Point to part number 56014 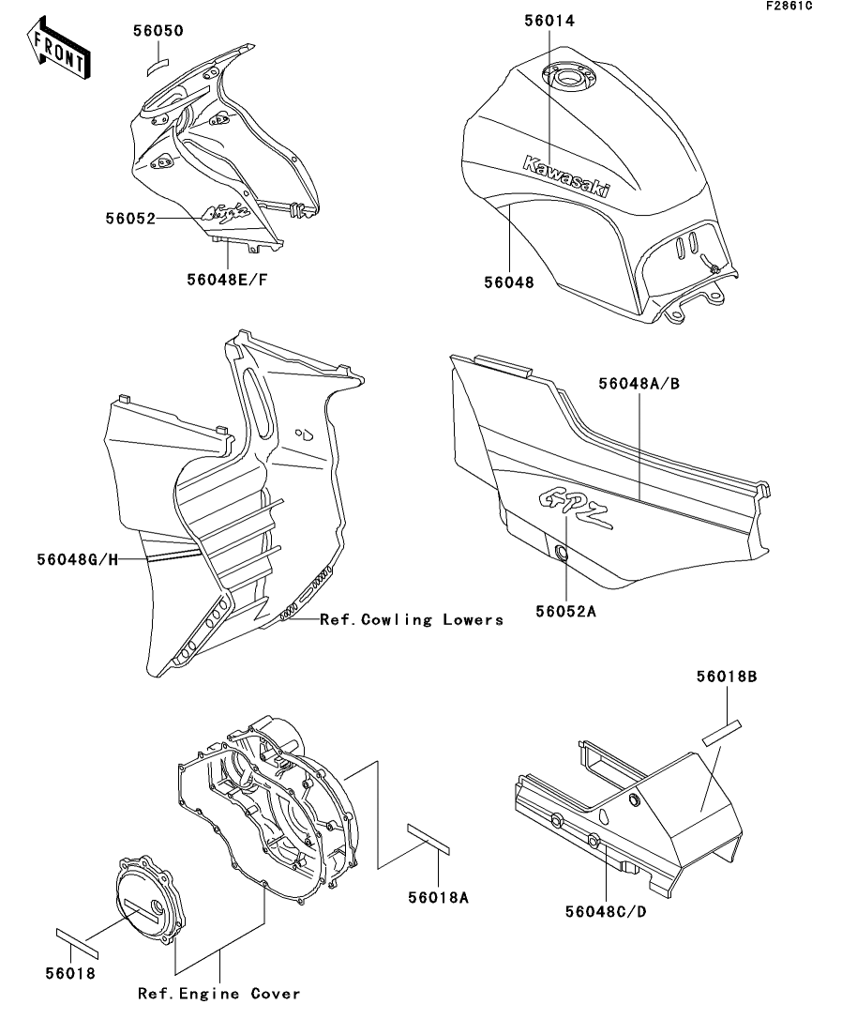coord(547,19)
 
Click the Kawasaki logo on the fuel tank coord(565,175)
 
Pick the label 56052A coord(566,612)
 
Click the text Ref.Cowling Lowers coord(412,619)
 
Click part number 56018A coord(438,897)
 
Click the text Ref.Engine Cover coord(219,994)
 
